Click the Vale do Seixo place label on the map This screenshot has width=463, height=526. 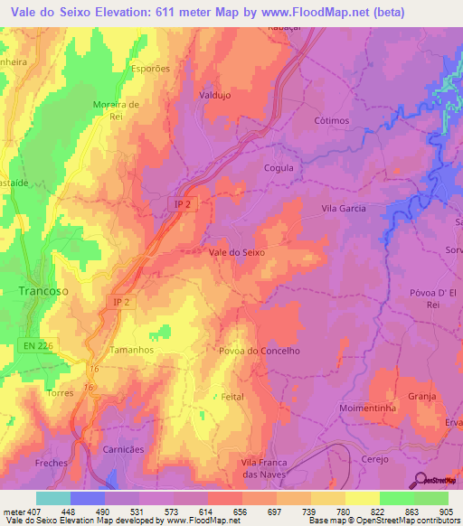(x=237, y=252)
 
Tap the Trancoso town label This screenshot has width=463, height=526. (x=43, y=291)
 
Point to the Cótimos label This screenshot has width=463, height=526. (x=333, y=120)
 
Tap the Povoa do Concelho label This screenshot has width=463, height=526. (x=259, y=351)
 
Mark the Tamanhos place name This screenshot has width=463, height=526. (x=132, y=349)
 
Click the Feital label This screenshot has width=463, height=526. (x=233, y=397)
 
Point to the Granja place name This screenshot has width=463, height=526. (x=422, y=396)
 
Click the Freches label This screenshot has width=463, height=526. (x=52, y=463)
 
